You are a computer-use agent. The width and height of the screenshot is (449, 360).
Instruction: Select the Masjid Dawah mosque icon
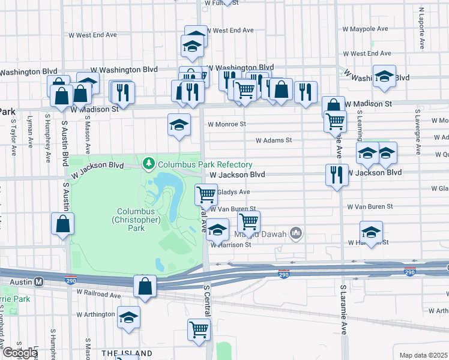click(x=295, y=232)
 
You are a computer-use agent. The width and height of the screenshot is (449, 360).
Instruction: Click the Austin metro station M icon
click(x=39, y=281)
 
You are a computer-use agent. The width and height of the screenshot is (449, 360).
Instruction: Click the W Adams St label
click(x=273, y=140)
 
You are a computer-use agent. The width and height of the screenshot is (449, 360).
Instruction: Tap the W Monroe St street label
click(x=226, y=124)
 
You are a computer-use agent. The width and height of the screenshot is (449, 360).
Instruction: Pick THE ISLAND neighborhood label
click(x=127, y=353)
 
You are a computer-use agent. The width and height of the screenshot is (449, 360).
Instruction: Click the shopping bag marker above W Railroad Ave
click(x=145, y=287)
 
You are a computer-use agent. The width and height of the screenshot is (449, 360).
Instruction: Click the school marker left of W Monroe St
click(x=179, y=125)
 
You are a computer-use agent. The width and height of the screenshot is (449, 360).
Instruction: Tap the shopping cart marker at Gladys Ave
click(x=206, y=194)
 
